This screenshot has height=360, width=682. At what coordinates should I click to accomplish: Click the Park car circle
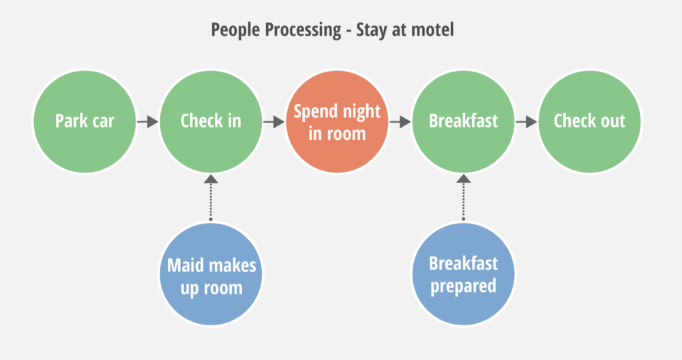click(x=85, y=121)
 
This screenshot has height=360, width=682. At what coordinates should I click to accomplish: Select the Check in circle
click(x=211, y=121)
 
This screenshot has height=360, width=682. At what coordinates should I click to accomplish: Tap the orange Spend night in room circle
click(x=337, y=121)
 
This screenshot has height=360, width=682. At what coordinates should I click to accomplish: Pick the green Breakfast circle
click(x=463, y=121)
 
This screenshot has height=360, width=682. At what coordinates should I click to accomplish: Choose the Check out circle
click(x=589, y=121)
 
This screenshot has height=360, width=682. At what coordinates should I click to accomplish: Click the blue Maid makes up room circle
click(x=211, y=274)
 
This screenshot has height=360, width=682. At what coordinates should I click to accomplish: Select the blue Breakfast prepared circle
click(x=463, y=274)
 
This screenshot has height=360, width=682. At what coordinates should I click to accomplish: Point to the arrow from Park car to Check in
click(x=148, y=122)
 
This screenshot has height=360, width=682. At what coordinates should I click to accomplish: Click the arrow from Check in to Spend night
click(x=274, y=122)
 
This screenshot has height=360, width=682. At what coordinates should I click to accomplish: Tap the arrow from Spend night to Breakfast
click(x=400, y=122)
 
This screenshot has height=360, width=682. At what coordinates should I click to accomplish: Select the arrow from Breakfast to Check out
click(x=527, y=122)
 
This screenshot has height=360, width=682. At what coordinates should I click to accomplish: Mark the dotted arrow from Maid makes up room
click(x=211, y=198)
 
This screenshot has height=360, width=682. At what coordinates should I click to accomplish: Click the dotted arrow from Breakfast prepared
click(x=463, y=198)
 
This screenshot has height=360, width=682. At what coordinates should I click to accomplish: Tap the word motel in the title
click(x=432, y=30)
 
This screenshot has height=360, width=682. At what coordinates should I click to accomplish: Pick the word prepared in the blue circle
click(x=463, y=287)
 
